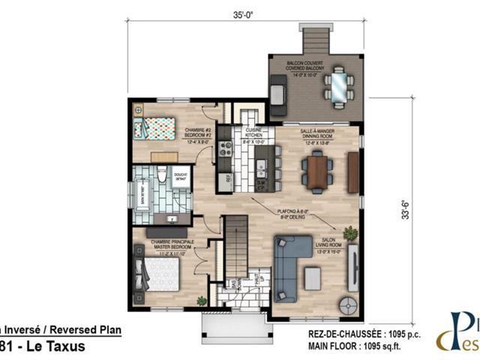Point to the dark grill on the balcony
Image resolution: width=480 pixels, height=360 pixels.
[x=279, y=92]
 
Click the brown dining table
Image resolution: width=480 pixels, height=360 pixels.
[x=317, y=170]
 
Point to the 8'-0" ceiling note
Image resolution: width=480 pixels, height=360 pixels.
[x=292, y=214]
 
